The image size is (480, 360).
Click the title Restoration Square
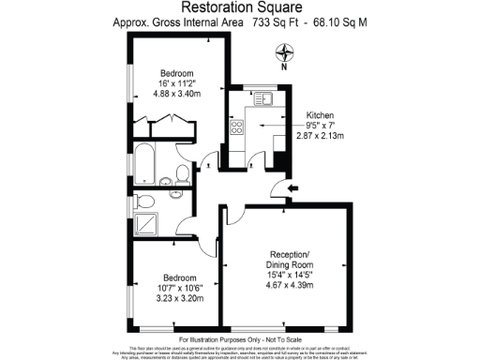point(239,8)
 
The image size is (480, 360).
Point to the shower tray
point(146,222)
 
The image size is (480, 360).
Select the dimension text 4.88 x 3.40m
point(175,95)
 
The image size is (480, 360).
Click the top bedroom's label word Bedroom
point(175,74)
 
